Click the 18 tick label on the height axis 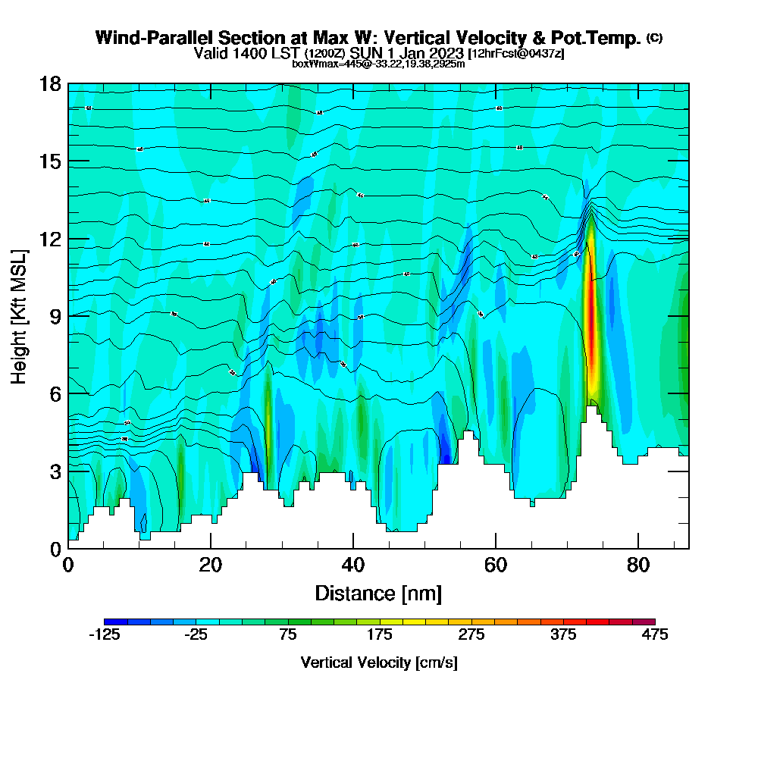(x=50, y=83)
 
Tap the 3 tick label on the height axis (x=55, y=471)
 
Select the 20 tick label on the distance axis (x=211, y=565)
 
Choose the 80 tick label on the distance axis (x=638, y=565)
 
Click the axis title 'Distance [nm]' (x=378, y=593)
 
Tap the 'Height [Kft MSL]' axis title (x=19, y=315)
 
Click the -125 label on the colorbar (x=105, y=634)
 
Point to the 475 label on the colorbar (x=655, y=634)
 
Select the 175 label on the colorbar (x=380, y=634)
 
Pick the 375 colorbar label (x=563, y=634)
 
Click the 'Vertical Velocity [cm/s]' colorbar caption (x=379, y=662)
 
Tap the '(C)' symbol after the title (x=654, y=37)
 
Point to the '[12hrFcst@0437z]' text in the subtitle (x=516, y=54)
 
